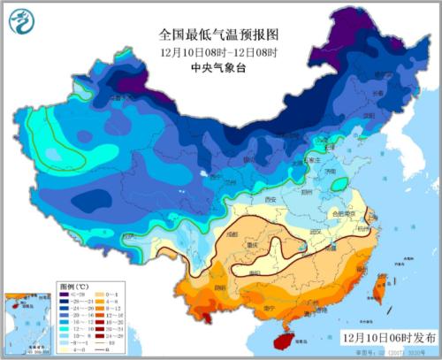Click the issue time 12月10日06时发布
(x=388, y=337)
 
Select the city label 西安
(x=269, y=201)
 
